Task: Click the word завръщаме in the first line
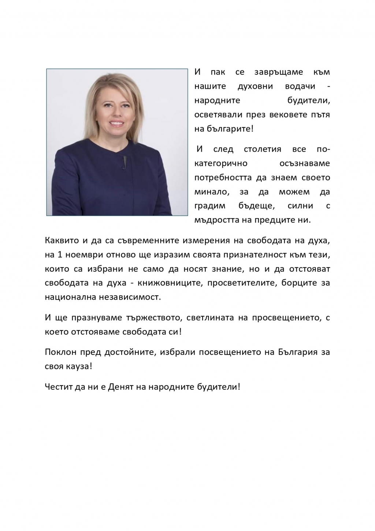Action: point(278,72)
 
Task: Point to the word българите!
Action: point(230,129)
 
